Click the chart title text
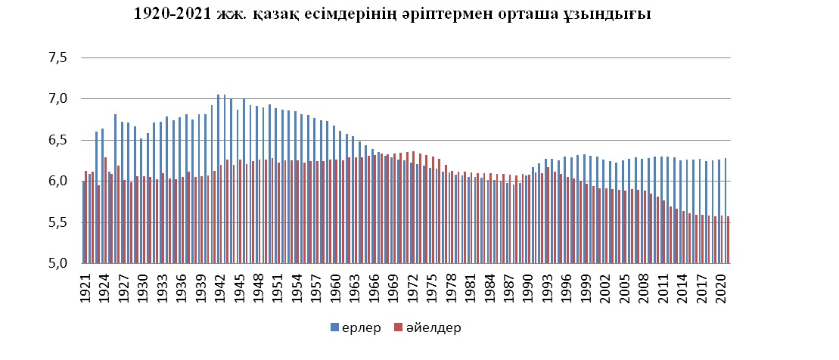point(392,14)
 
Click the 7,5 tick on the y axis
point(59,57)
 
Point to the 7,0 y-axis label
point(59,99)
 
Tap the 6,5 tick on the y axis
point(59,140)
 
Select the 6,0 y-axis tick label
point(59,182)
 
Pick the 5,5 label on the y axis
point(59,222)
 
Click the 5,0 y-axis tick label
point(59,263)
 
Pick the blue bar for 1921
point(83,222)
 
